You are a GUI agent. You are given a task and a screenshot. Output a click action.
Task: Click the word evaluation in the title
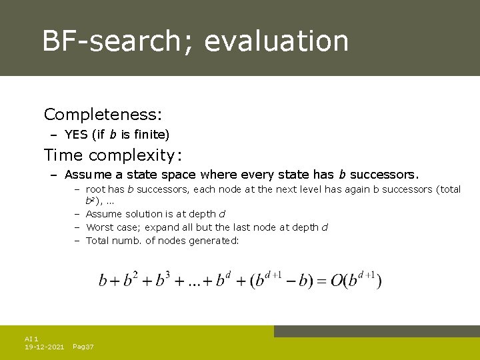tap(277, 41)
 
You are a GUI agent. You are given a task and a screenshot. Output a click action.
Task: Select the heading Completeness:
tap(103, 115)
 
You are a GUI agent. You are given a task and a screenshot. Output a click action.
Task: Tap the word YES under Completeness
tap(77, 135)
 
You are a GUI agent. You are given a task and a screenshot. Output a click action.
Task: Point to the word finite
tap(154, 135)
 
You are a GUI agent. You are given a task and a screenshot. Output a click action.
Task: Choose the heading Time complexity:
tap(113, 155)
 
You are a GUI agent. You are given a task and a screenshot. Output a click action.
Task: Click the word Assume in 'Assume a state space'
tap(89, 175)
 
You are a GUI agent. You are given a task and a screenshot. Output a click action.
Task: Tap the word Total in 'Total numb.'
tap(98, 241)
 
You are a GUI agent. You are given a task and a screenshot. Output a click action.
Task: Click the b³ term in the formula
tap(163, 279)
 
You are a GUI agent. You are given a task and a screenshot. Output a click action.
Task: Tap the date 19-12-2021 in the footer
tap(44, 347)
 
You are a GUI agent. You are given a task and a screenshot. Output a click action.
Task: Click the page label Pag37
tap(83, 347)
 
